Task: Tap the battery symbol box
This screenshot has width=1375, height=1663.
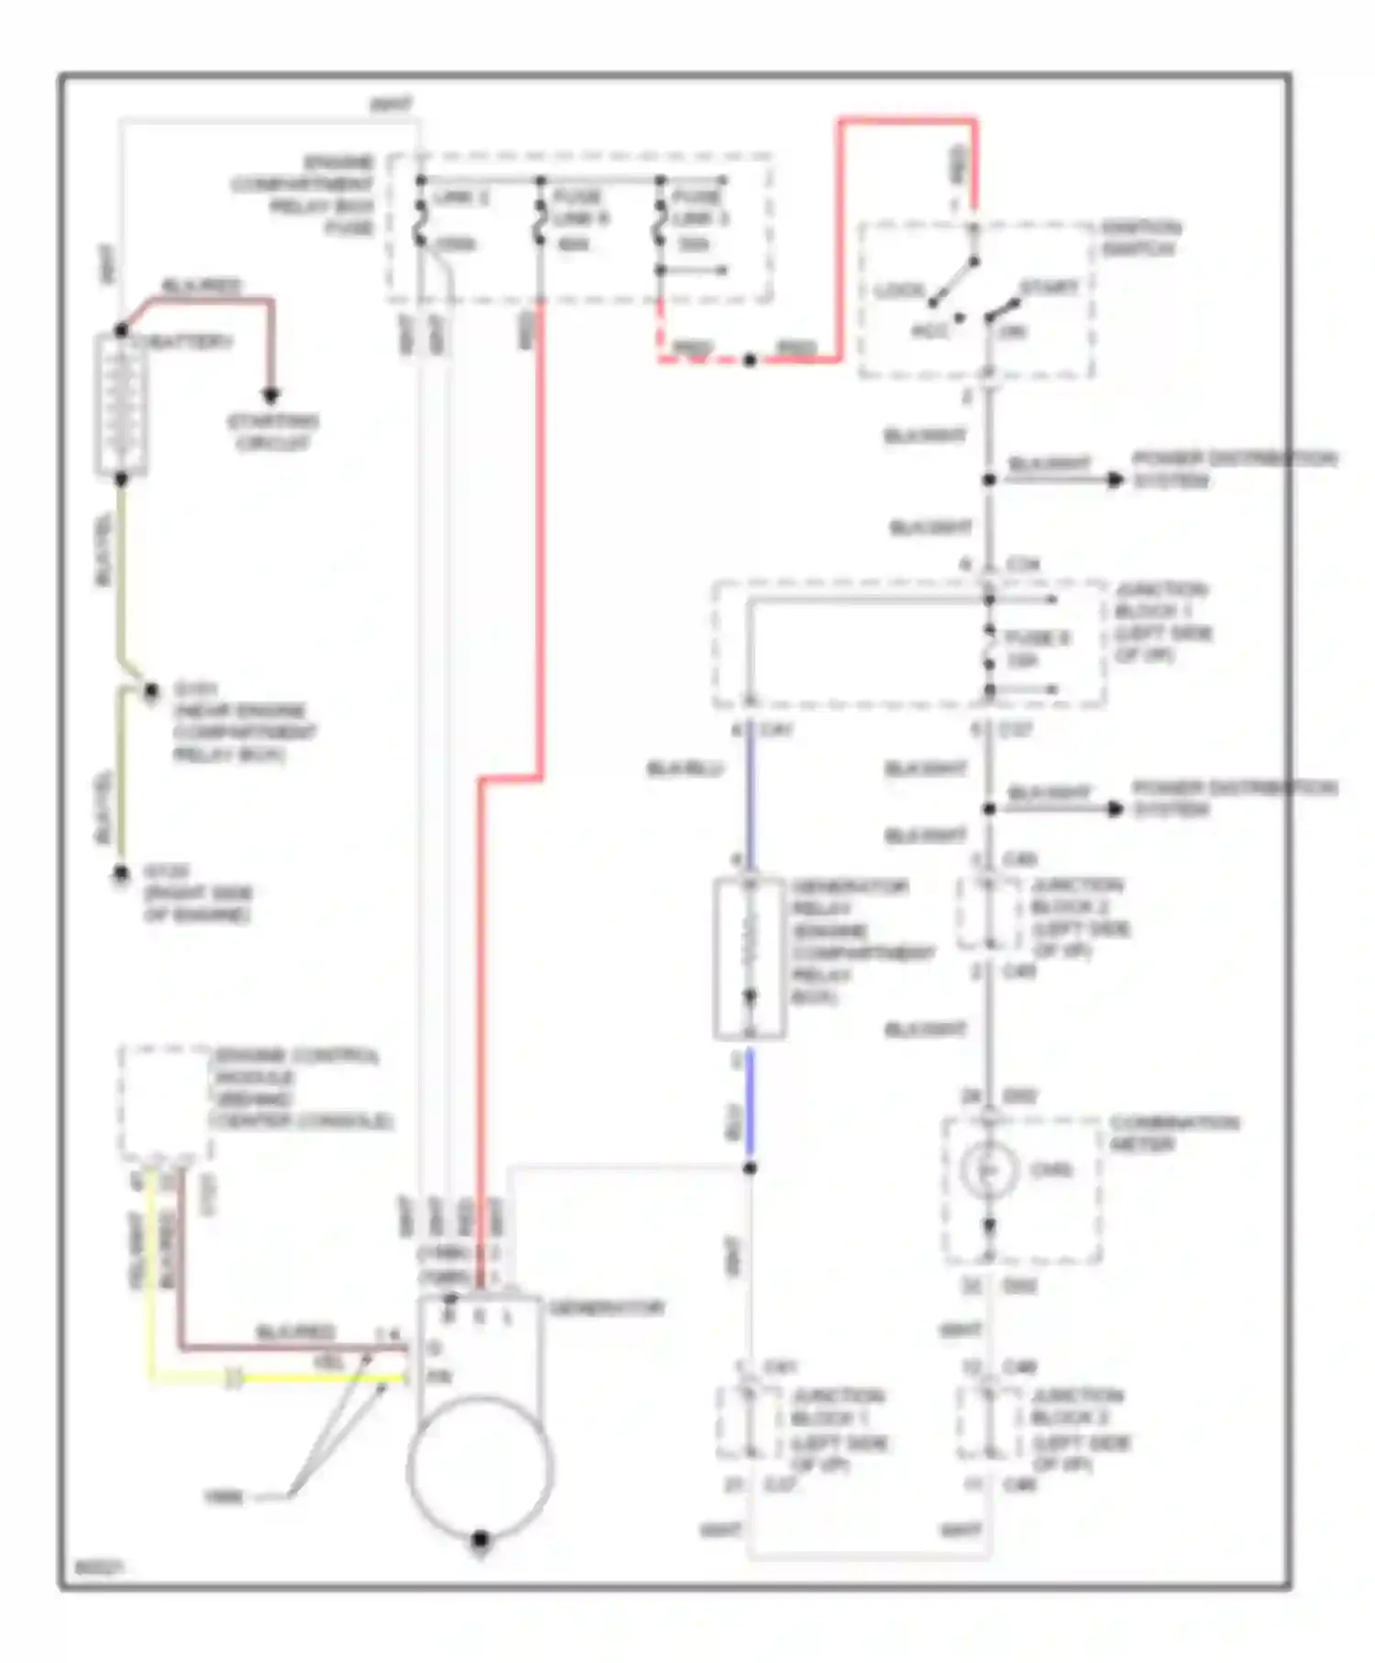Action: pos(121,405)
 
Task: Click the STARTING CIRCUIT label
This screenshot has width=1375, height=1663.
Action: pos(272,432)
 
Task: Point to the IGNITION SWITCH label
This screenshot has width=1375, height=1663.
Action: pos(1140,237)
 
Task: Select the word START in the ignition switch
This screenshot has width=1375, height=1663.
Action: pos(1049,288)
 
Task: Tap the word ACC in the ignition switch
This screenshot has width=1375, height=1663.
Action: pos(929,331)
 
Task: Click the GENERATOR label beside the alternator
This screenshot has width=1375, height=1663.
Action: pos(606,1307)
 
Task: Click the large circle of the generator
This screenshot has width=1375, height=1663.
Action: pos(479,1466)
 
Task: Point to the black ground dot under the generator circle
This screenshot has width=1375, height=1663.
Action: pos(479,1539)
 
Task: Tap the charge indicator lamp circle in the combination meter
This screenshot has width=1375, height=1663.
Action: pos(988,1170)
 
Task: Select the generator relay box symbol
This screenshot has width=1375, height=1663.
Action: pos(750,958)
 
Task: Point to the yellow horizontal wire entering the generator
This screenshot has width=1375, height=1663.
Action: pos(321,1378)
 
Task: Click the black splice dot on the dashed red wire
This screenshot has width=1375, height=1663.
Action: pos(750,360)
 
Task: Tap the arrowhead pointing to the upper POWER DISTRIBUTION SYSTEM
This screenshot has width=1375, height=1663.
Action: pos(1116,479)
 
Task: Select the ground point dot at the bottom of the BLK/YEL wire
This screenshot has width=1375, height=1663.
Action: pos(121,874)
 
